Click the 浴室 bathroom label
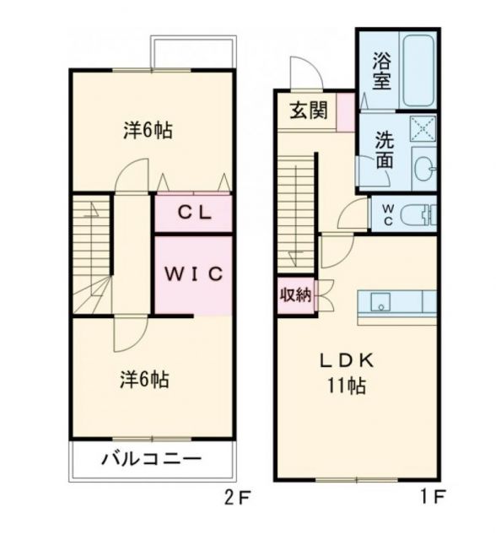coord(381,71)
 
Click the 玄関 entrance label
coord(310,111)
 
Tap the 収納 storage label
coord(295,295)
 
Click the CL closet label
coord(193,213)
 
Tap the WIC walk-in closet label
coord(193,274)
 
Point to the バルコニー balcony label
coord(152,460)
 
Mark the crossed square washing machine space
coord(422,127)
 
